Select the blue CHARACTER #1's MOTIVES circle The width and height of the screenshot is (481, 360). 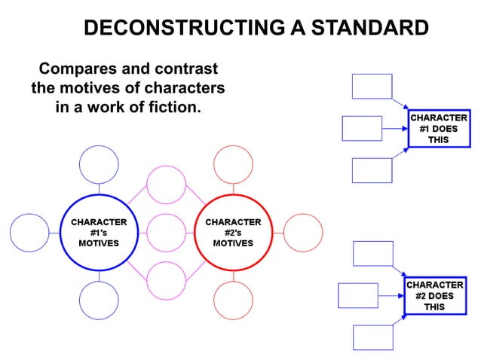[99, 233]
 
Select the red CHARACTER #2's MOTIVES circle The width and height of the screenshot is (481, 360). [233, 233]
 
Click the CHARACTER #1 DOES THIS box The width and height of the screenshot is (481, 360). [437, 129]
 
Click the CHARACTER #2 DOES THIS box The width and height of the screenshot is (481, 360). [435, 296]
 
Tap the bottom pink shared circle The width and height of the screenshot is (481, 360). [166, 281]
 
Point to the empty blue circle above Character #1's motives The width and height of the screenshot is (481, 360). [99, 165]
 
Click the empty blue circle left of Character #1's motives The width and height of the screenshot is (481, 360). [29, 233]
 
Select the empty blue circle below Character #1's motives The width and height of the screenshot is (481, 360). [99, 300]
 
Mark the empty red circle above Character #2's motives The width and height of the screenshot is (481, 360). [233, 165]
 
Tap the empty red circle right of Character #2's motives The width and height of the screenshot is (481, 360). [302, 233]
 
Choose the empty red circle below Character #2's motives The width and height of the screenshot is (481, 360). [233, 300]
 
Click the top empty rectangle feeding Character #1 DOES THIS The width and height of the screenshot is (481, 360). [372, 87]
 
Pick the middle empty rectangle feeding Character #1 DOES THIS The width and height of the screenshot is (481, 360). [362, 128]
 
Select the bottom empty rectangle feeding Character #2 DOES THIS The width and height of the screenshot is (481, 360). [373, 337]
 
